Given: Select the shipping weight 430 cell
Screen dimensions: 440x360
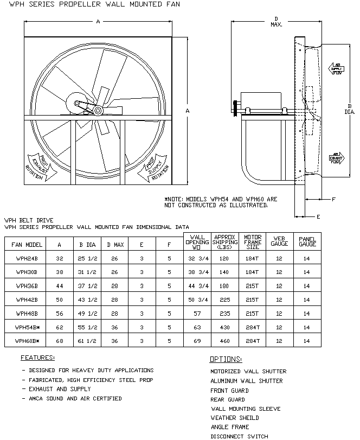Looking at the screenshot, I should (x=224, y=327).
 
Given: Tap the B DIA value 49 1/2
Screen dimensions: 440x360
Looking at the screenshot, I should (x=85, y=313).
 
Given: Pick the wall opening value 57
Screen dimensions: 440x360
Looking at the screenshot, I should (x=197, y=313).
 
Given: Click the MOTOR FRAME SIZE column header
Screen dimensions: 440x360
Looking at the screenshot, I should (x=252, y=241).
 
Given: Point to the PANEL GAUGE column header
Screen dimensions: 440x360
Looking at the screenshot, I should (x=307, y=241).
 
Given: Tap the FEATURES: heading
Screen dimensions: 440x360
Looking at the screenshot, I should (x=37, y=358).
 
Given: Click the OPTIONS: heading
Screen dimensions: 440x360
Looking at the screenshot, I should (x=226, y=360).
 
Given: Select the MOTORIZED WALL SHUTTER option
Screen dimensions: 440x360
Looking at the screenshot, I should (x=248, y=372).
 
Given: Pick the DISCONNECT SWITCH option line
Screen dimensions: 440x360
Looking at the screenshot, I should (x=239, y=436).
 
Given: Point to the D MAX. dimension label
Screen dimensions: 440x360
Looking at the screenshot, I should (x=276, y=22).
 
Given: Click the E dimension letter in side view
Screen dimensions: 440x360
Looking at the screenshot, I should (x=318, y=216).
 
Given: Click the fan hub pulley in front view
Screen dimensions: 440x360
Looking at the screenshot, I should (x=98, y=111).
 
